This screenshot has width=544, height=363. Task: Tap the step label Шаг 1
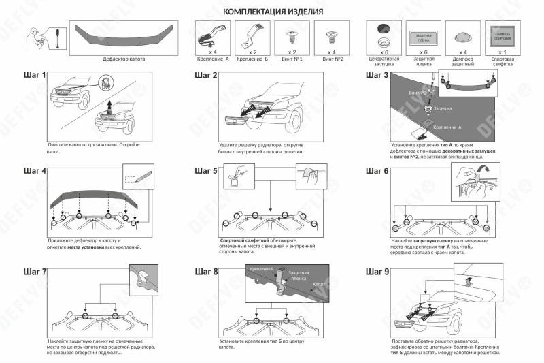click(x=34, y=76)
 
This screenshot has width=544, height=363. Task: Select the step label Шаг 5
click(x=206, y=171)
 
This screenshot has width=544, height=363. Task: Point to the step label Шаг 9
click(x=377, y=271)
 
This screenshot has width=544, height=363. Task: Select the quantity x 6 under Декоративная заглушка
click(x=383, y=52)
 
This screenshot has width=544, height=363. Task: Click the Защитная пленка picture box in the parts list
click(x=423, y=34)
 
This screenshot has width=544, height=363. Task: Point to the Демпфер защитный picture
click(x=462, y=34)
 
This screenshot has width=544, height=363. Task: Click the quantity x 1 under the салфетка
click(x=503, y=52)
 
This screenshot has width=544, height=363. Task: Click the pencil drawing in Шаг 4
click(x=137, y=178)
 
